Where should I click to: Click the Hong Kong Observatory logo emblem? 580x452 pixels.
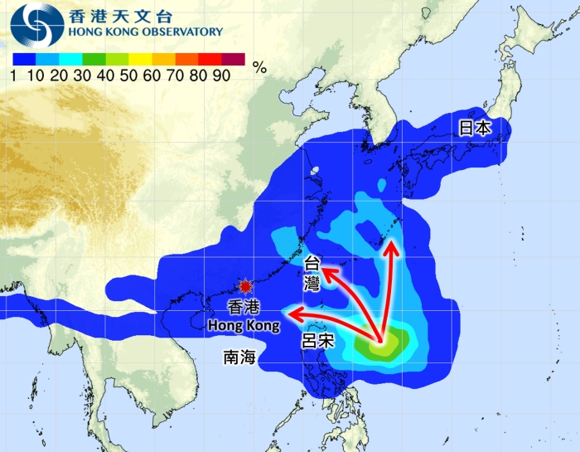(x=36, y=25)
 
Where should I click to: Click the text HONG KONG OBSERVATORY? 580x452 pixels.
(x=146, y=32)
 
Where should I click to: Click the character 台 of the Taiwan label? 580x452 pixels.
(x=312, y=261)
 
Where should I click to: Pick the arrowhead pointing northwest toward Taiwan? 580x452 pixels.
(x=323, y=269)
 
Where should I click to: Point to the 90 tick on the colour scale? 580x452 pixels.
(x=221, y=75)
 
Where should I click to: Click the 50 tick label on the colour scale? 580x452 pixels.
(x=128, y=75)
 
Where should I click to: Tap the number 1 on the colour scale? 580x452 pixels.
(x=15, y=75)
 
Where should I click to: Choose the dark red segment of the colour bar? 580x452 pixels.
(x=233, y=59)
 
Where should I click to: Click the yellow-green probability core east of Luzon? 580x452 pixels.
(x=384, y=344)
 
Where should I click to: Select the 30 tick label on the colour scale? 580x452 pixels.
(x=82, y=75)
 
